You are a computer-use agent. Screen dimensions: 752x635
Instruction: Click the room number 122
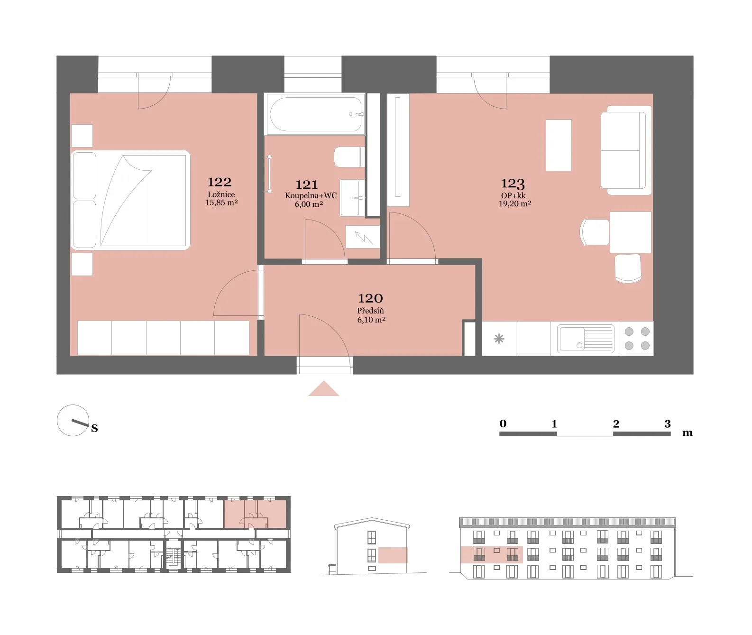220,182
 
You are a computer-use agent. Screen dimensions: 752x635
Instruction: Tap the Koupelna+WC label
311,195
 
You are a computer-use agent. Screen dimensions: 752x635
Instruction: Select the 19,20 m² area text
514,203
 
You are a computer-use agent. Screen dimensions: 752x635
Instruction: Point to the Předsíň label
370,311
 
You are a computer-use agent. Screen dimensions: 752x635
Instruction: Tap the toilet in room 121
349,156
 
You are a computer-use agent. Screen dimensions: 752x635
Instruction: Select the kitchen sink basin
585,339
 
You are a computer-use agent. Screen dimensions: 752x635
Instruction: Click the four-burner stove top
637,339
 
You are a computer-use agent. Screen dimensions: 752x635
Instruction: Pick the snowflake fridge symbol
499,339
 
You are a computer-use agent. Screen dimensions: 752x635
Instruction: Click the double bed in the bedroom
130,200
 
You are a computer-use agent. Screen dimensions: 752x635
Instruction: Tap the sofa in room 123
626,150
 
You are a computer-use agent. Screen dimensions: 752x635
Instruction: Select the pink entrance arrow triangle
323,389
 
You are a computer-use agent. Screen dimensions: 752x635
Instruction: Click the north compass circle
73,420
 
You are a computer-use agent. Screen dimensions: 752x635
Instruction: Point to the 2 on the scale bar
616,424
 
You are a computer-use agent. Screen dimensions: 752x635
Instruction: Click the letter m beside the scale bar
687,433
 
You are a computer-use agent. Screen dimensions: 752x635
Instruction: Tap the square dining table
630,232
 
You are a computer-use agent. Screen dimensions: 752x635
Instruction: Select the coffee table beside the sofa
559,145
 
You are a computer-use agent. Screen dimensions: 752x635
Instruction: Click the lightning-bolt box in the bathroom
363,237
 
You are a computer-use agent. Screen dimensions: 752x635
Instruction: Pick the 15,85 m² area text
221,202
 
